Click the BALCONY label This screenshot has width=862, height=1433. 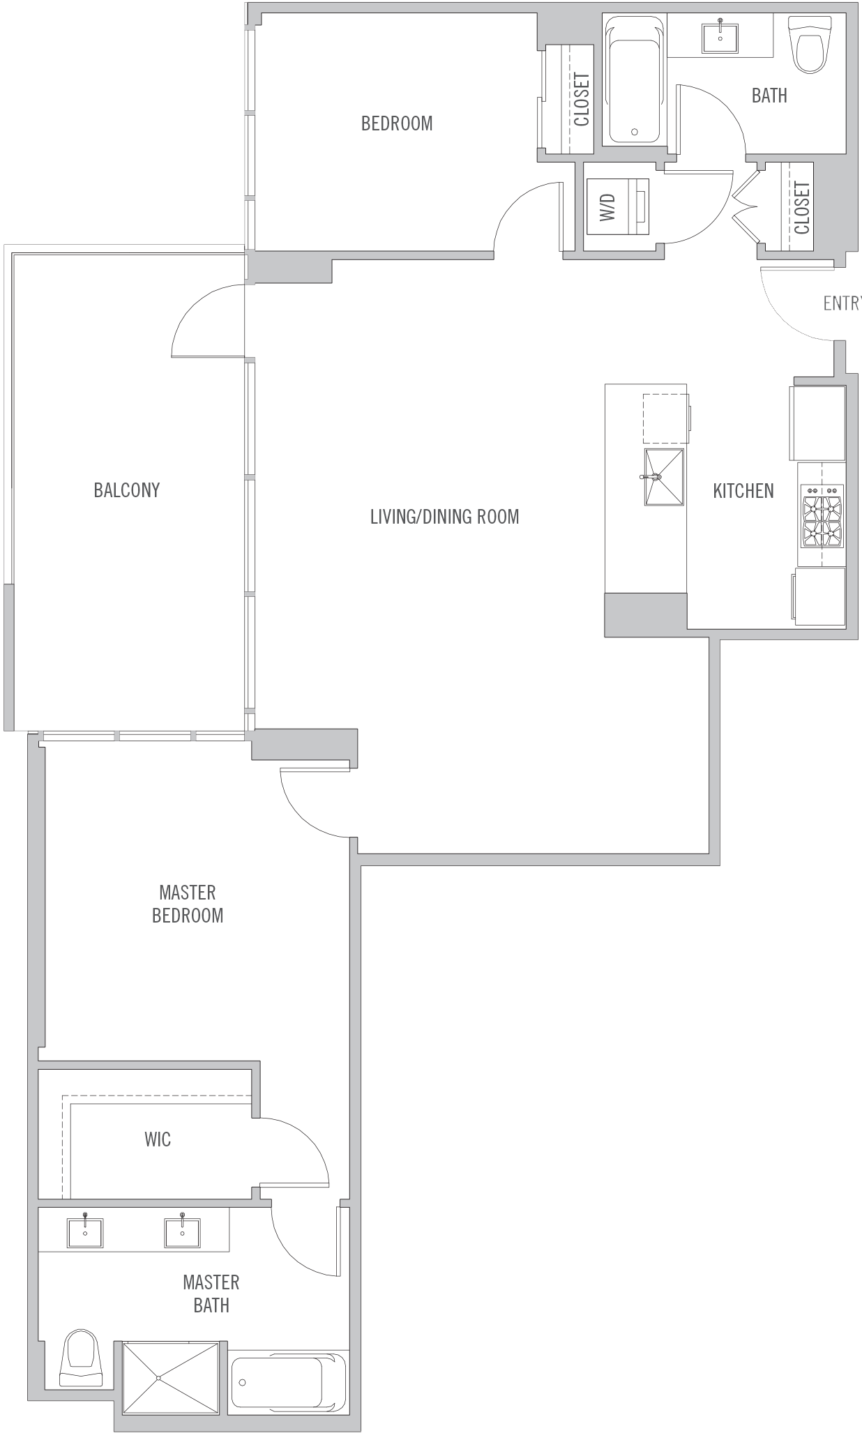pos(127,490)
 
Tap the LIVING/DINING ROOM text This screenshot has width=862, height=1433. pos(444,517)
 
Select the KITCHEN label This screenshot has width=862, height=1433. pos(743,491)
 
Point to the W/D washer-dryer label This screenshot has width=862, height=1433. pos(607,207)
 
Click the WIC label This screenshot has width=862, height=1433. pos(158,1139)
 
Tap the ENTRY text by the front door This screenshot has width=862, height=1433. pos(842,303)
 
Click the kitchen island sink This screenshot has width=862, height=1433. pos(664,476)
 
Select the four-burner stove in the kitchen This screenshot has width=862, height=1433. pos(823,516)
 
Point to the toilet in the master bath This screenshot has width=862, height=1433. pos(82,1358)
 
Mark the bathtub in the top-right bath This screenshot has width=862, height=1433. pos(635,81)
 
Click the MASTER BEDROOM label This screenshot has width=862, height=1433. pos(188,904)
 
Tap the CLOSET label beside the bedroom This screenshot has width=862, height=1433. pos(582,100)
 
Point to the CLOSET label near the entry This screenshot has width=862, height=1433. pos(802,208)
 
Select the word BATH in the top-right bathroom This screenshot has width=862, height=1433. pos(769,96)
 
